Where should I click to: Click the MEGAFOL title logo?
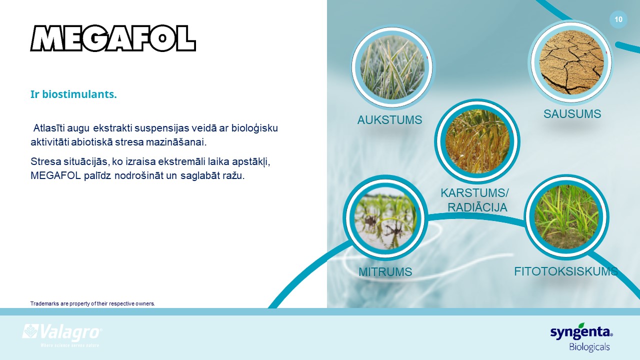[113, 38]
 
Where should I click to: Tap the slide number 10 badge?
[618, 19]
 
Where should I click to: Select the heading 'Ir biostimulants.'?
[73, 94]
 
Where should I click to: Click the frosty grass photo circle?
[392, 67]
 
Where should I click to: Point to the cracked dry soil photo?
[571, 62]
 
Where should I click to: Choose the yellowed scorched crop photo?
[477, 141]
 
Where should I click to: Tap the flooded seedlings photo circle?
[385, 217]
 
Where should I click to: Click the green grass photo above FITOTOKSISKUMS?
[566, 217]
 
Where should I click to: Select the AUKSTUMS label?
[389, 120]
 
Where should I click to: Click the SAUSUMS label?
[572, 114]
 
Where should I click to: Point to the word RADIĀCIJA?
[477, 207]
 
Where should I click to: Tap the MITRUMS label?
[385, 272]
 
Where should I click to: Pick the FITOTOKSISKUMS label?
[566, 271]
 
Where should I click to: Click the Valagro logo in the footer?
[62, 335]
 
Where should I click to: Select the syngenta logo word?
[581, 332]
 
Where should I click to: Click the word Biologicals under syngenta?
[589, 347]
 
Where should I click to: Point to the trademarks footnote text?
[92, 303]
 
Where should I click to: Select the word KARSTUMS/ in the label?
[474, 193]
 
